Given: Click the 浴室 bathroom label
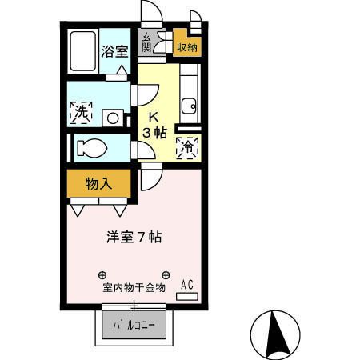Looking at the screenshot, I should [114, 52].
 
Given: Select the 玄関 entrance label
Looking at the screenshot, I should [146, 42].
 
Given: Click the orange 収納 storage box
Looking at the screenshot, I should [186, 46].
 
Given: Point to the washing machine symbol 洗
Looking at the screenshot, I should [81, 114].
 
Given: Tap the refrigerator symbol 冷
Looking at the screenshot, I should [187, 148].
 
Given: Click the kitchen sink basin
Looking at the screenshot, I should [190, 106].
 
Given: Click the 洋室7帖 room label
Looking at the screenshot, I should [135, 237].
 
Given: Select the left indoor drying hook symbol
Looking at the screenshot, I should [102, 273].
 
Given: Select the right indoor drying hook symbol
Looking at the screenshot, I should [166, 273].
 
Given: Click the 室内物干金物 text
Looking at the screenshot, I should [134, 287].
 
